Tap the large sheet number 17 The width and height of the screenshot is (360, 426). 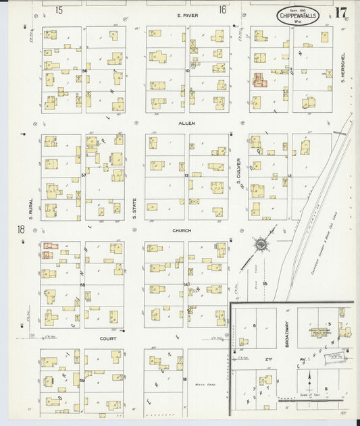coord(342,13)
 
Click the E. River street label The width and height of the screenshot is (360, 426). coord(186,15)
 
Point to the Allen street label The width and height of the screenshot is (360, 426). coord(186,124)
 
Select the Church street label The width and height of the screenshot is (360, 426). coord(182,231)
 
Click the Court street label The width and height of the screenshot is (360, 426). coord(107,339)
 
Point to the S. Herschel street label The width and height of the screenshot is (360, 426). coord(343,65)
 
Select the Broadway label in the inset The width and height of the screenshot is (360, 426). coord(287,334)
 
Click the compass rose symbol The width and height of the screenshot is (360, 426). coord(260,244)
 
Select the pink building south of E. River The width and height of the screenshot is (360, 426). coord(259,80)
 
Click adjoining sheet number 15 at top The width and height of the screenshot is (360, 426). coord(59,9)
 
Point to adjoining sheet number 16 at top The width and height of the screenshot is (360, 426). coord(222,9)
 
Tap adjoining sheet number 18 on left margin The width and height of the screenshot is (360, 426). coord(21,230)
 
